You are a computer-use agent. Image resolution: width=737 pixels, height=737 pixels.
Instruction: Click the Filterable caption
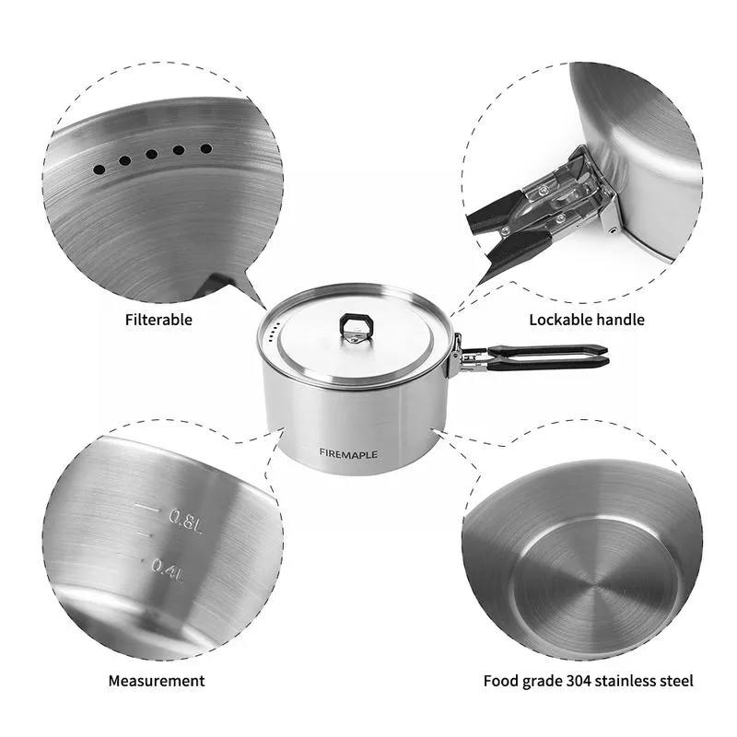coord(158,320)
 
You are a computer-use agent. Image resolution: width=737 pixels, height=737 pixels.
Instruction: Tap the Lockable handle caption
coord(586,320)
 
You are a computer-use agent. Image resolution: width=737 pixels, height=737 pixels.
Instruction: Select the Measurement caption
coord(157,681)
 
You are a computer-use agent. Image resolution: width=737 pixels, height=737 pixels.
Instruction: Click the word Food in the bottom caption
coord(500,682)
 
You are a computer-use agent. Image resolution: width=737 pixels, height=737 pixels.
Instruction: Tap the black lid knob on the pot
coord(353,325)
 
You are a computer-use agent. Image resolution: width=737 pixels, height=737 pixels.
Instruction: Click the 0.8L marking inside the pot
coord(184,518)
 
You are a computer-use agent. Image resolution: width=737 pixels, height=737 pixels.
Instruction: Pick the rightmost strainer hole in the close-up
coord(206,147)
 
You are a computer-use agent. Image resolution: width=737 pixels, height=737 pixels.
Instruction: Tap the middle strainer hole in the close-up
coord(151,156)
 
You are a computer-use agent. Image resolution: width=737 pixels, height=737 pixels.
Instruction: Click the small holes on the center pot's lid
coord(271,335)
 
